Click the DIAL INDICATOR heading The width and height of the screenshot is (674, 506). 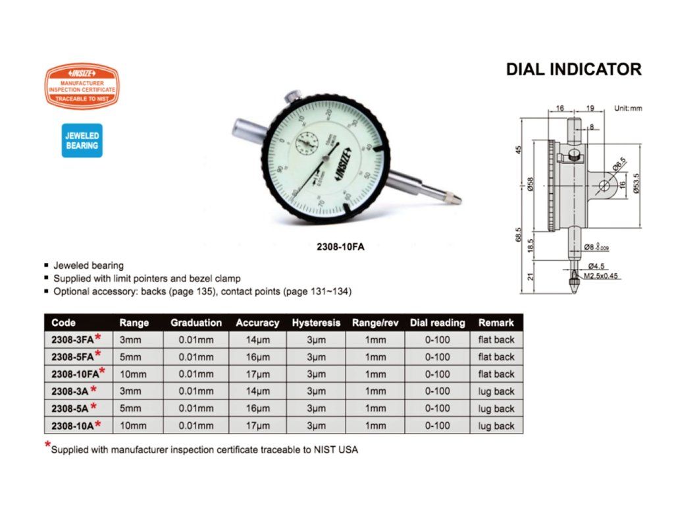[573, 70]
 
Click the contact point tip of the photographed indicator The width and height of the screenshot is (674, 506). [455, 198]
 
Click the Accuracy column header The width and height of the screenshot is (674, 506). [257, 323]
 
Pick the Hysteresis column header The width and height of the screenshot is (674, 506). [317, 323]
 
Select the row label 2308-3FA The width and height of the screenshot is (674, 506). [72, 340]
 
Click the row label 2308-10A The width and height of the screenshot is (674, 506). [72, 426]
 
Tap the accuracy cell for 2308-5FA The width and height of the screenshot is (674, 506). [257, 357]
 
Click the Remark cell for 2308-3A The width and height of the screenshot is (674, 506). [496, 391]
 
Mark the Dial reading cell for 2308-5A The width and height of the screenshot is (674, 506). [438, 408]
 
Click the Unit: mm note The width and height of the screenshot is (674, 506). [627, 107]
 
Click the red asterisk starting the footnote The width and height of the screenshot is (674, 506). [47, 446]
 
